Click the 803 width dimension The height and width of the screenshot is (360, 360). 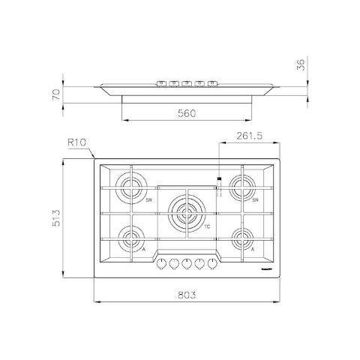coord(186,295)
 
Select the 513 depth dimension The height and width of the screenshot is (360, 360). coord(67,217)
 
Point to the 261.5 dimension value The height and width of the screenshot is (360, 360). coord(248,136)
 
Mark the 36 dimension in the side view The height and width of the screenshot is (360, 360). coord(302,65)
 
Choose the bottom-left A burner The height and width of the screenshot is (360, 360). coord(132,240)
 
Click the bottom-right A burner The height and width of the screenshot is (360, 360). coord(241,240)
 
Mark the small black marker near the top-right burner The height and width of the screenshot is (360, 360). coord(218,178)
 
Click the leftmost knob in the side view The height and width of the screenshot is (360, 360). coord(160,81)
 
